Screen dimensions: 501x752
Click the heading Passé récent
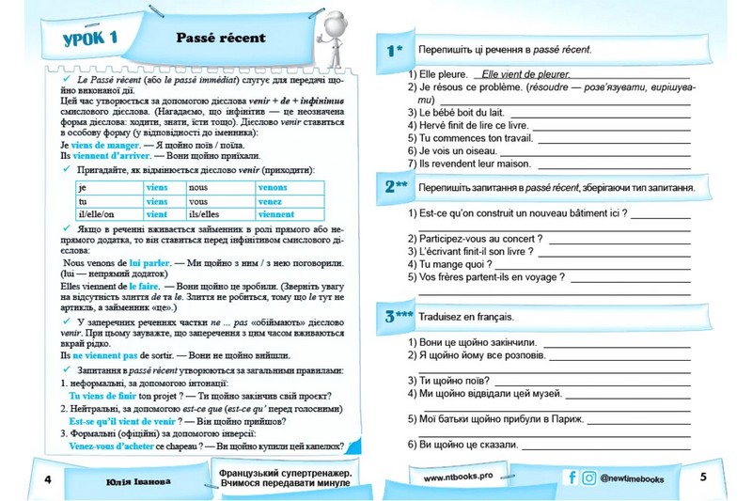(221, 38)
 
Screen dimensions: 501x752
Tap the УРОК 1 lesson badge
(83, 39)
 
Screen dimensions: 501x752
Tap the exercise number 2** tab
(396, 186)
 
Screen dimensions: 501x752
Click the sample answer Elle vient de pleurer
(525, 72)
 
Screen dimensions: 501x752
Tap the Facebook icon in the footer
(572, 478)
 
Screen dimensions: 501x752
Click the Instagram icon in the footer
(588, 478)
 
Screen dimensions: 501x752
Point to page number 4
(46, 479)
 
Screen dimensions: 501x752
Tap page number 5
(703, 477)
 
